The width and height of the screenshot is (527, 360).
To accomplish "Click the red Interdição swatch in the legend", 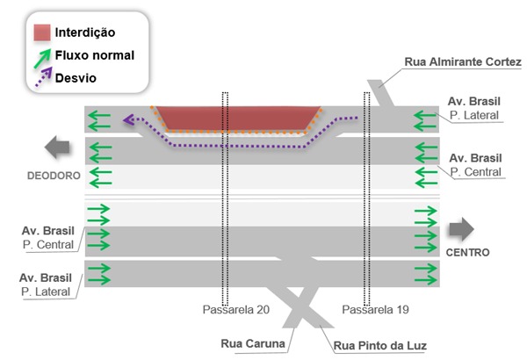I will tap(42, 33).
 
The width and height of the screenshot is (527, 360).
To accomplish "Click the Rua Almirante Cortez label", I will tap(463, 62).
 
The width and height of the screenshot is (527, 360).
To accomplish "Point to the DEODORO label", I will tap(53, 176).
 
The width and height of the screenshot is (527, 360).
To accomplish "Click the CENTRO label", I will tap(467, 253).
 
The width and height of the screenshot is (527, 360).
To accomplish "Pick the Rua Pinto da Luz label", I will tap(379, 344).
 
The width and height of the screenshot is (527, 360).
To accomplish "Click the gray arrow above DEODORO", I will tap(58, 148).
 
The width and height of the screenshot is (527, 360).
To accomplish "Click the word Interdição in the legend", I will tap(85, 32).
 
